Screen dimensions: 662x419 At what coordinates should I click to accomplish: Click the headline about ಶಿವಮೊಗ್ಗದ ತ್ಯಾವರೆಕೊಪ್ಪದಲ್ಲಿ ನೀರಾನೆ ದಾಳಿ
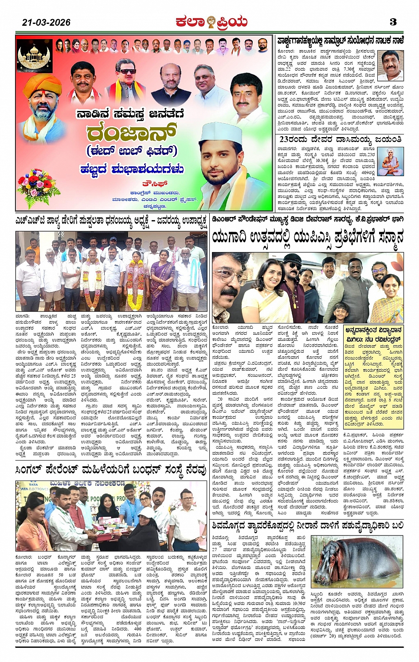pos(308,525)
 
